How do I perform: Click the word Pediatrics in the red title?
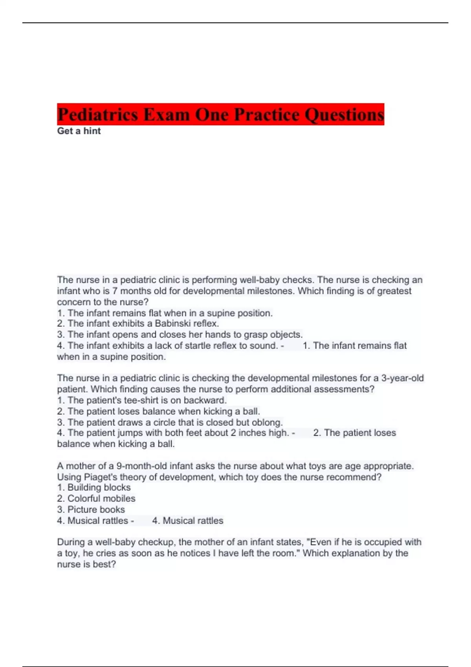[98, 115]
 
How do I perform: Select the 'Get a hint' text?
[79, 131]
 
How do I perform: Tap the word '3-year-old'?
[402, 378]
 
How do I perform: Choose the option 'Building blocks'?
[99, 487]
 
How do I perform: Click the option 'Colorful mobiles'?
[101, 498]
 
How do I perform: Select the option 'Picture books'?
[96, 509]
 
